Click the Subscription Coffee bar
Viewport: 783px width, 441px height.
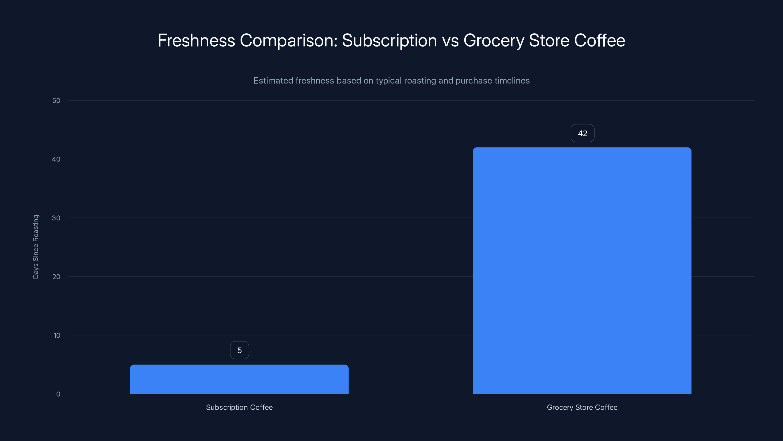pos(239,379)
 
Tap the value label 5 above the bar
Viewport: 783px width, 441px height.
pos(240,350)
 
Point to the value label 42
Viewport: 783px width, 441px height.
pos(582,133)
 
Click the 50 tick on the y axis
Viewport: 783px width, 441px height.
pos(56,100)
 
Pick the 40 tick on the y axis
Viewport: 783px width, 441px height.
pos(56,159)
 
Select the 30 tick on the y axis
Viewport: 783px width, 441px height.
pos(56,218)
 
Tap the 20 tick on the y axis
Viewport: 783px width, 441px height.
pos(56,277)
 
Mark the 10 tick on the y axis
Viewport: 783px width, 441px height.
pos(57,335)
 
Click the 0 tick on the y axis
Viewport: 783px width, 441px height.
pos(58,394)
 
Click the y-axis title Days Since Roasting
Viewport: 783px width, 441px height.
pos(36,246)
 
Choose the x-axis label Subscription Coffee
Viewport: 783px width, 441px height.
pos(239,407)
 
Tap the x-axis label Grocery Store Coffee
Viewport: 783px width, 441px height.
pos(582,407)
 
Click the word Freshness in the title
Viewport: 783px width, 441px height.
pos(196,40)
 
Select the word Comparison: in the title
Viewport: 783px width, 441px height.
pos(289,41)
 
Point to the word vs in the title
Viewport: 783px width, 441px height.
pos(450,41)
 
